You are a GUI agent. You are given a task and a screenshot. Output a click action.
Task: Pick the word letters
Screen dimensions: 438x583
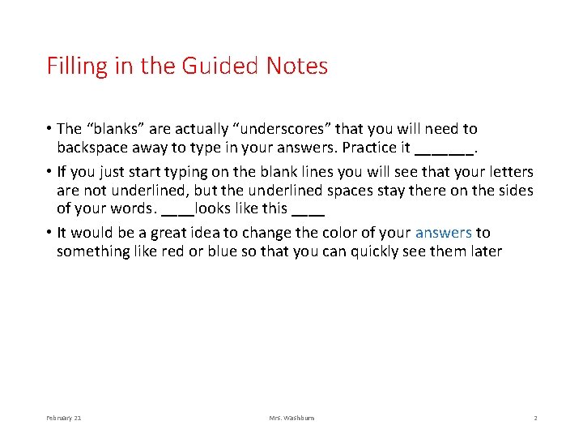pos(510,171)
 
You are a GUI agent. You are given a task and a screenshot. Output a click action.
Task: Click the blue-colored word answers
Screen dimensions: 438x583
pos(443,233)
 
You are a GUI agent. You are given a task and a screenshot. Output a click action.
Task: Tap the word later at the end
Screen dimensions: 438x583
pos(483,251)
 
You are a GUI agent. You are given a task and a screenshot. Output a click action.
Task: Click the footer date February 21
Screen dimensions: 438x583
pos(64,418)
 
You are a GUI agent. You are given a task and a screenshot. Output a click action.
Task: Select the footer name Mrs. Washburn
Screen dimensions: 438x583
pos(291,418)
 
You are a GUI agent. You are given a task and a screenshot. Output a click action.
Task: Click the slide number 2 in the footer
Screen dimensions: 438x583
pos(535,418)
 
